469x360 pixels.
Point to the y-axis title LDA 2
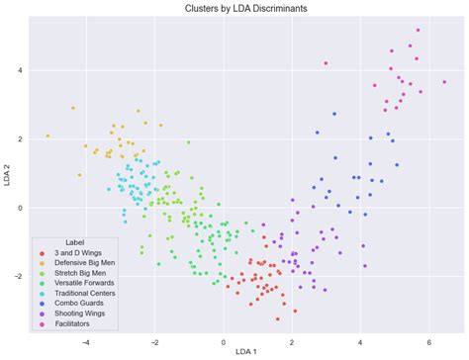8,177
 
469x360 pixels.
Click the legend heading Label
74,242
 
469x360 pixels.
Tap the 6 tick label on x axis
429,341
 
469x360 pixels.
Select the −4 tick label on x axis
86,341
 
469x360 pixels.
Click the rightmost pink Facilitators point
445,83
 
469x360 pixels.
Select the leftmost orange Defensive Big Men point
47,136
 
